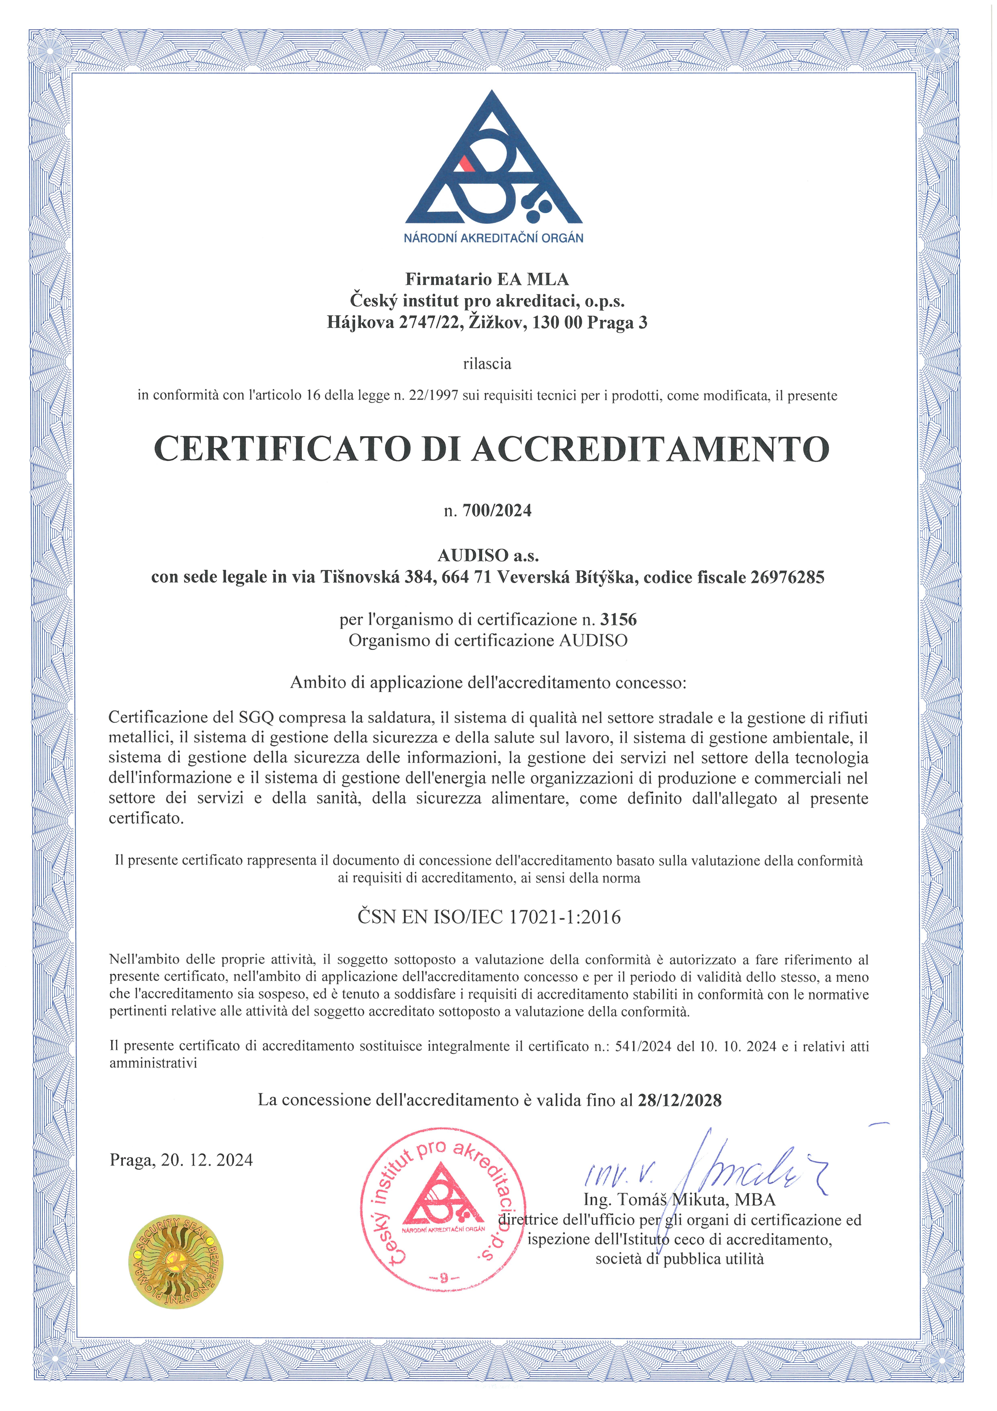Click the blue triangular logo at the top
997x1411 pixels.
click(x=493, y=163)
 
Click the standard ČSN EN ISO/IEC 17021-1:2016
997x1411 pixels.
click(x=489, y=917)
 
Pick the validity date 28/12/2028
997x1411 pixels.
click(x=679, y=1100)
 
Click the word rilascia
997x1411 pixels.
click(x=487, y=364)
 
